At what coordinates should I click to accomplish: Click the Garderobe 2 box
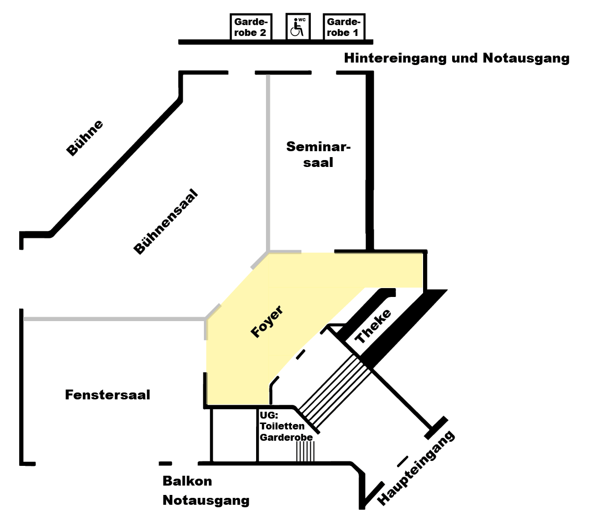click(x=251, y=27)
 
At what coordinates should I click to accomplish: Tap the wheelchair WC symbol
click(x=297, y=26)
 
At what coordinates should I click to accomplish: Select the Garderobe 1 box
click(x=344, y=27)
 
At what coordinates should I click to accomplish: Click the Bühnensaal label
click(x=166, y=221)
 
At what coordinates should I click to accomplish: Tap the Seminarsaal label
click(x=318, y=154)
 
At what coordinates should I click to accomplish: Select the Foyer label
click(x=267, y=321)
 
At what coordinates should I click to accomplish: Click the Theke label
click(x=373, y=326)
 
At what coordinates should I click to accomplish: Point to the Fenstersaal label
click(x=107, y=395)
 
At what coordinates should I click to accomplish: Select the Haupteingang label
click(x=416, y=468)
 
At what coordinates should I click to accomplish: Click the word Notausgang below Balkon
click(x=206, y=500)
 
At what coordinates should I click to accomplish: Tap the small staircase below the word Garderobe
click(x=305, y=451)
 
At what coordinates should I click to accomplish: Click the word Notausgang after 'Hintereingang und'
click(x=526, y=58)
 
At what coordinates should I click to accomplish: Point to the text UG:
click(x=269, y=415)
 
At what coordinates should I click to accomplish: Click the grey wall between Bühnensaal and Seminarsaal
click(x=268, y=162)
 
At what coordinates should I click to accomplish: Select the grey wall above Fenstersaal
click(x=114, y=319)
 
